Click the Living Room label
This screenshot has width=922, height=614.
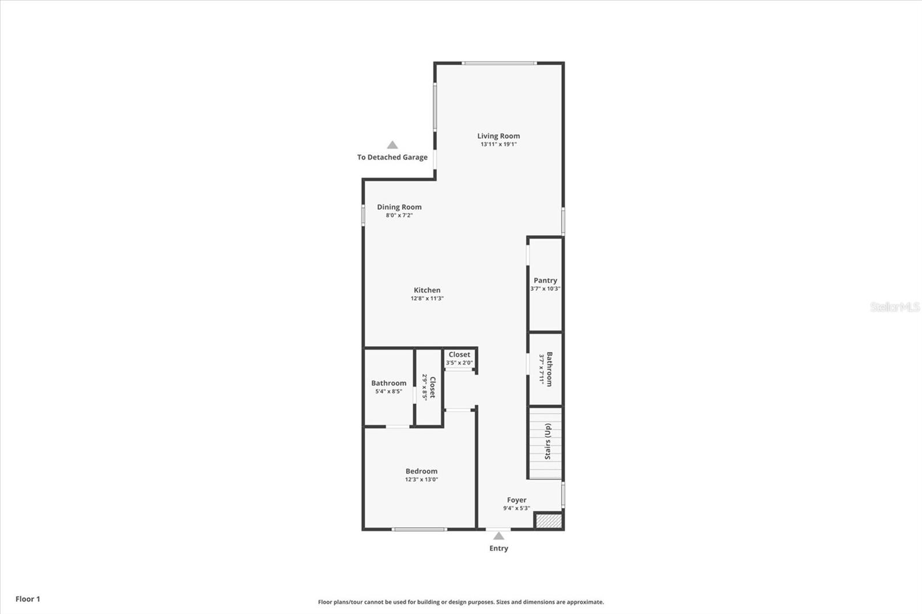[x=498, y=136]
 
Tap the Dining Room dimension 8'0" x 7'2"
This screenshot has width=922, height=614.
[x=399, y=215]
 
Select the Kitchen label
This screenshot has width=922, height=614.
[x=427, y=290]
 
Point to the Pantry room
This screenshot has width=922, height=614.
[x=545, y=284]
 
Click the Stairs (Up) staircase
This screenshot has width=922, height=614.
[x=546, y=442]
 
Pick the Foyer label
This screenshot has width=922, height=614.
[x=516, y=500]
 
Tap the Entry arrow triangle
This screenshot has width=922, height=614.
[x=498, y=536]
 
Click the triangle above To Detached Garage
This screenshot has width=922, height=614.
[x=392, y=145]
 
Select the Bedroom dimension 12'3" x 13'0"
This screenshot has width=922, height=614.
[x=421, y=479]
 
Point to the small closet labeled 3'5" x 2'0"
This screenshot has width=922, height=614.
[x=459, y=359]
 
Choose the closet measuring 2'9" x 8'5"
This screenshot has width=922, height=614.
[x=429, y=387]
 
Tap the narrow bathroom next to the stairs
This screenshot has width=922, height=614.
[x=545, y=369]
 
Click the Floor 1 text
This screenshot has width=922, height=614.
[x=28, y=599]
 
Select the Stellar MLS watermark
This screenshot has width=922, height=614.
[x=894, y=307]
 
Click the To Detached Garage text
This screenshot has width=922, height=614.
[x=392, y=157]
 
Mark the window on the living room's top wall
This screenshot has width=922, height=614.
[x=499, y=63]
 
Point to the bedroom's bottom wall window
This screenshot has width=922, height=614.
[x=419, y=529]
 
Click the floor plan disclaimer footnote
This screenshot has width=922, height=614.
[x=461, y=602]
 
